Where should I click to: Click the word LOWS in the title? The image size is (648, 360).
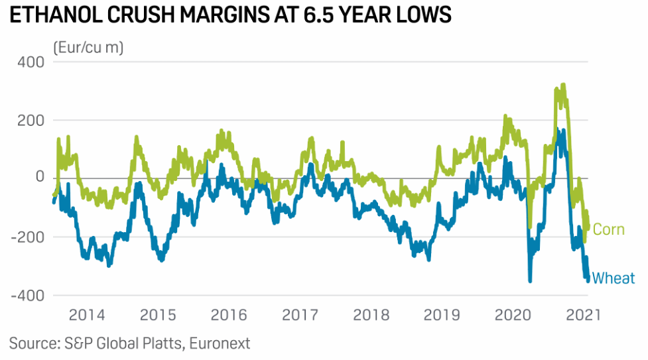click(x=423, y=15)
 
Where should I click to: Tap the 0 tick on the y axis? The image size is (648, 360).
click(x=38, y=178)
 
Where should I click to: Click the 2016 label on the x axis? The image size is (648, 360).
click(x=229, y=314)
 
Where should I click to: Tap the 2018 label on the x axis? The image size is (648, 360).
click(x=370, y=314)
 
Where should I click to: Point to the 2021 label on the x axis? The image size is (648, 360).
click(x=583, y=314)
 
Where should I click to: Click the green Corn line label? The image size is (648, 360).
click(x=609, y=229)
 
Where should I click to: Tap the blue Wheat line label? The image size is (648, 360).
click(x=614, y=278)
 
